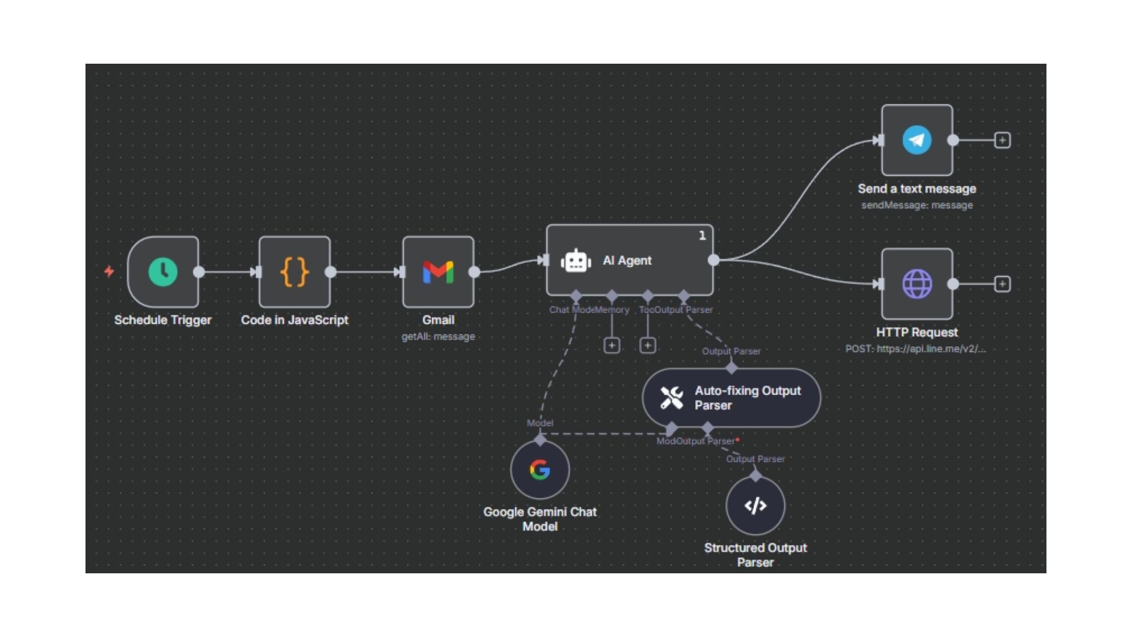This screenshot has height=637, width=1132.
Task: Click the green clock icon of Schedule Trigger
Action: point(163,272)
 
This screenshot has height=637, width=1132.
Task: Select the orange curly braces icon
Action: point(294,272)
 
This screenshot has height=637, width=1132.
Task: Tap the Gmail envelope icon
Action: point(438,272)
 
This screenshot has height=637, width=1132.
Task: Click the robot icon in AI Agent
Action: point(575,261)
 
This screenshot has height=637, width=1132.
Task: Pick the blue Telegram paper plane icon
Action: point(917,140)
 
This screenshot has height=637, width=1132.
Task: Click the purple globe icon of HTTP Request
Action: point(917,284)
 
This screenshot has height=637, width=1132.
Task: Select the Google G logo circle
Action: point(539,470)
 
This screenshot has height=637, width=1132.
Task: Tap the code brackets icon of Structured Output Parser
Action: point(755,505)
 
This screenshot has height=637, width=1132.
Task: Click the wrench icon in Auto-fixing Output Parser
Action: point(672,398)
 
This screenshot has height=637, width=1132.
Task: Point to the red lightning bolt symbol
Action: point(109,271)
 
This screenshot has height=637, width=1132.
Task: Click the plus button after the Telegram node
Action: point(1002,140)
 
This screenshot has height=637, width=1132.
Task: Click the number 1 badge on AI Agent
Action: point(702,235)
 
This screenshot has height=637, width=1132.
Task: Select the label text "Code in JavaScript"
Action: point(294,320)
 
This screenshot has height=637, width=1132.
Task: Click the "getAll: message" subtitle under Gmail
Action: point(438,337)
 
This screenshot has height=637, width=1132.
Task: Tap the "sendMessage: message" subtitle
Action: point(917,205)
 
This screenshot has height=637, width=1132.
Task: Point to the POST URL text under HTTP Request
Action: point(915,349)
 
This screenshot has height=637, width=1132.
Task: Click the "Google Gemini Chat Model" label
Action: point(539,519)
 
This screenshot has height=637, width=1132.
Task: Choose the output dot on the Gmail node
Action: point(474,272)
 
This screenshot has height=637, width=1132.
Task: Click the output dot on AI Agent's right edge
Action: point(713,260)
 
